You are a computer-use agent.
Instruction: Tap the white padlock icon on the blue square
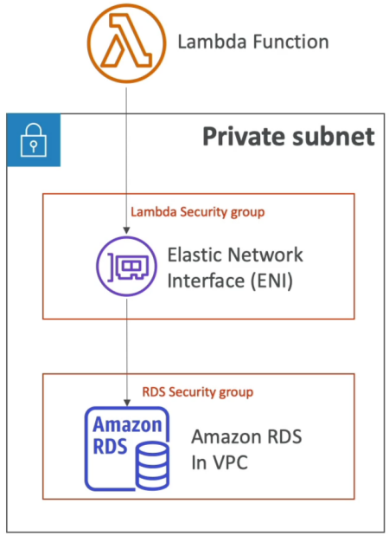(x=34, y=140)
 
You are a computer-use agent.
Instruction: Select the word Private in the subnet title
(x=243, y=137)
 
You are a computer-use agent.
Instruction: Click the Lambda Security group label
(x=198, y=212)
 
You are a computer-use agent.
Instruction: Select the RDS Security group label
(x=198, y=392)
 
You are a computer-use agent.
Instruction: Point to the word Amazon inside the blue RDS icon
(x=127, y=425)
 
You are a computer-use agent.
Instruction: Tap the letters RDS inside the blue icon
(x=110, y=446)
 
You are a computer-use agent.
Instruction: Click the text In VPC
(x=219, y=462)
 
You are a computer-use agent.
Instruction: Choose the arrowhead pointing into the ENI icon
(x=126, y=230)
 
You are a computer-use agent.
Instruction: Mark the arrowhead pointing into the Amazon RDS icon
(x=127, y=403)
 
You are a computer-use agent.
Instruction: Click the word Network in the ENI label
(x=265, y=255)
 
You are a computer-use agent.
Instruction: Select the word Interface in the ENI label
(x=206, y=281)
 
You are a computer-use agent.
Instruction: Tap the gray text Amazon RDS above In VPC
(x=246, y=437)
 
